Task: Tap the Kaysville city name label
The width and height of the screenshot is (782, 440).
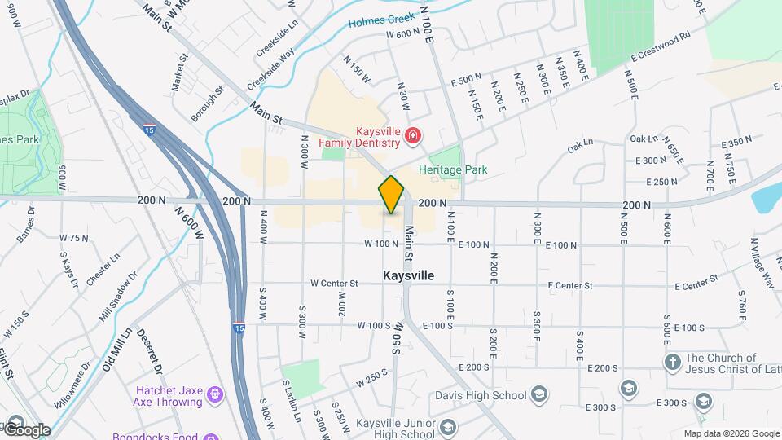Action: click(408, 276)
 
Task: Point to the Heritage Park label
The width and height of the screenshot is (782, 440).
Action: click(452, 169)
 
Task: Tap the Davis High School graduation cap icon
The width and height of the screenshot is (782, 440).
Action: click(538, 396)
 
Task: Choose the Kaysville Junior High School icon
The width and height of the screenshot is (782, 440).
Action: click(446, 428)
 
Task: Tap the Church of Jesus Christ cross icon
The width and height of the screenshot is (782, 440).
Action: click(672, 361)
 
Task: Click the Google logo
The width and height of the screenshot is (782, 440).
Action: click(27, 429)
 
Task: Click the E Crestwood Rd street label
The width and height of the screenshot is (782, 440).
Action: click(660, 47)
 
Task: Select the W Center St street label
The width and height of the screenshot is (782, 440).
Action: click(334, 284)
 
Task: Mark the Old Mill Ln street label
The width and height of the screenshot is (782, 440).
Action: click(117, 349)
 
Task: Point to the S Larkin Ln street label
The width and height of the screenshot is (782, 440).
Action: click(292, 399)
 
